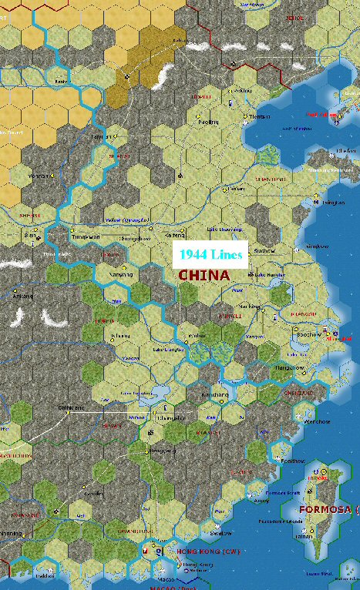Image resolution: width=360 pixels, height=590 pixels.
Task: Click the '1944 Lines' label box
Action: (x=211, y=254)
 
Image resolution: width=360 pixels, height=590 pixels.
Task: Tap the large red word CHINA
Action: (x=204, y=275)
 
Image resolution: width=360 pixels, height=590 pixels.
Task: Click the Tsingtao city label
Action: (x=332, y=203)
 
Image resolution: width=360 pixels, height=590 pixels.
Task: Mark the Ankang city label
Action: (x=23, y=296)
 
